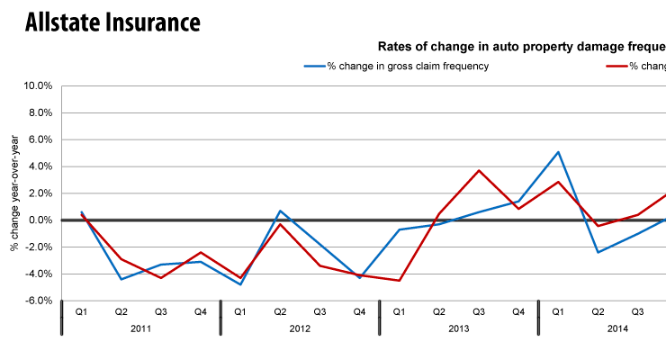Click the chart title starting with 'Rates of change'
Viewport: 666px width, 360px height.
point(520,46)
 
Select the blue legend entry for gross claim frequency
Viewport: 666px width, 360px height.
point(396,67)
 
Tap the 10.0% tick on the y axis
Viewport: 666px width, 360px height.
point(37,86)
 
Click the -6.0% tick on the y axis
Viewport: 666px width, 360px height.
point(39,301)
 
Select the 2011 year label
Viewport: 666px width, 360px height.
point(140,329)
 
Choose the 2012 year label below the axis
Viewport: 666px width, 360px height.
point(300,329)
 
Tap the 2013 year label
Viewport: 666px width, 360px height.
point(459,329)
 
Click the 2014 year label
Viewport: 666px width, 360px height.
point(617,329)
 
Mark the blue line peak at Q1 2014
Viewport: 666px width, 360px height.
point(558,152)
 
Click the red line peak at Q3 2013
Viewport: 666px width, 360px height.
point(479,170)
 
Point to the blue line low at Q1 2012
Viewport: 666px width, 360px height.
point(240,284)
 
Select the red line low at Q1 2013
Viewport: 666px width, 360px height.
point(399,281)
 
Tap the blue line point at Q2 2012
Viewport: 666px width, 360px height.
point(280,211)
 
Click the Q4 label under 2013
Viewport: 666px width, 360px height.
point(518,311)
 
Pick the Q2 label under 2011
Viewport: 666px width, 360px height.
point(121,311)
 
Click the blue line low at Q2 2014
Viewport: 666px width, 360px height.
point(598,252)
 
